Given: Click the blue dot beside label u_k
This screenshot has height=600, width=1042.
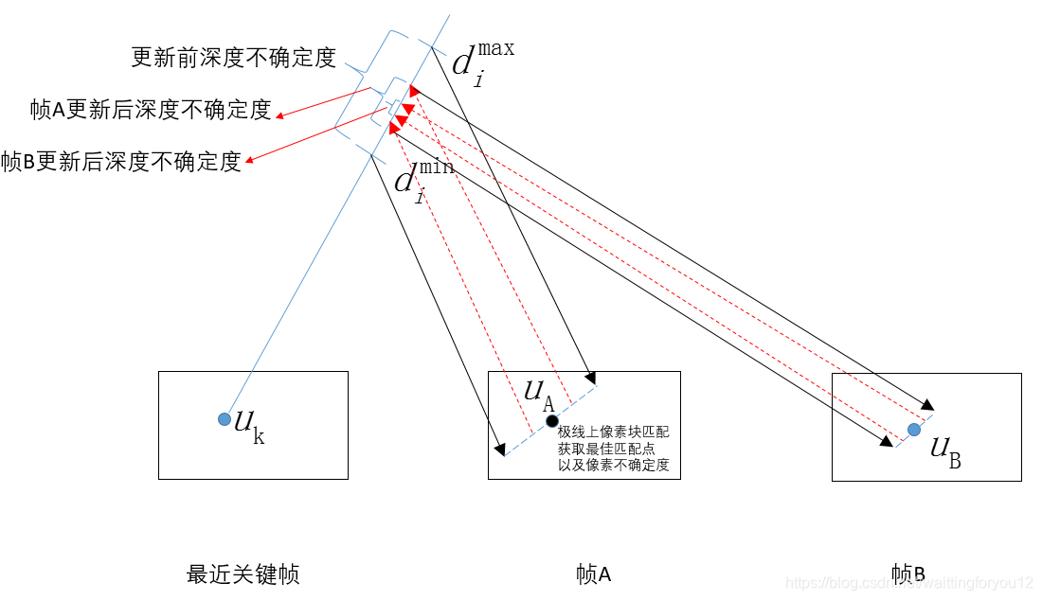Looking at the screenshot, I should pyautogui.click(x=224, y=419).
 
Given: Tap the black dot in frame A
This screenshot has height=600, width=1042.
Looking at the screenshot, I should pyautogui.click(x=551, y=420).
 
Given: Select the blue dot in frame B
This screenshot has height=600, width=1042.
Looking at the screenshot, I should pyautogui.click(x=913, y=430).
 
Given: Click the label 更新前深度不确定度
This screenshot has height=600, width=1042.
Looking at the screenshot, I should pyautogui.click(x=233, y=58).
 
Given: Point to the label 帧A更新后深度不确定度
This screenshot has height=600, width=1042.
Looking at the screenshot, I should pyautogui.click(x=151, y=110).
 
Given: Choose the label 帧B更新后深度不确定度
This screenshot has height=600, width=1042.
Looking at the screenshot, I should pyautogui.click(x=121, y=162).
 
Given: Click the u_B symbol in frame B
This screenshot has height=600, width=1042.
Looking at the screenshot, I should pyautogui.click(x=944, y=451).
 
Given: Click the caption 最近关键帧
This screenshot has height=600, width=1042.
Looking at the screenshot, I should pyautogui.click(x=243, y=574).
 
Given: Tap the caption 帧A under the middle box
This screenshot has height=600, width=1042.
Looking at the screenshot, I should pyautogui.click(x=593, y=574).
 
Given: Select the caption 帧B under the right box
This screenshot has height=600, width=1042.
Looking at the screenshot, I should pyautogui.click(x=907, y=574).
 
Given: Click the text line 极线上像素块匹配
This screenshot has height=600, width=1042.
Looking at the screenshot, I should pyautogui.click(x=613, y=432).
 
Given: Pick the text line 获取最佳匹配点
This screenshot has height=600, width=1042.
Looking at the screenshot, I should pyautogui.click(x=606, y=449).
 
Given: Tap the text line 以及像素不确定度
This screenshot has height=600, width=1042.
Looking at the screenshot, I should pyautogui.click(x=613, y=466).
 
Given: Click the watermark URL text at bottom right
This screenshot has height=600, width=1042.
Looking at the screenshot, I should pyautogui.click(x=909, y=583).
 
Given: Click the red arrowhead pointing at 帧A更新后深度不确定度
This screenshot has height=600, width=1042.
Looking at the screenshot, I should pyautogui.click(x=280, y=117).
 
